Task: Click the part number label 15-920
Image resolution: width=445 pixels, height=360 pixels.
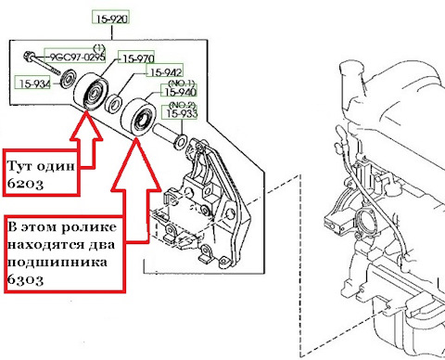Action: pos(111,19)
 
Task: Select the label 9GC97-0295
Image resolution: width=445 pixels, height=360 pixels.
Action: pos(77,57)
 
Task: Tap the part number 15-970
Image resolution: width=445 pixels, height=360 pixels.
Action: pos(138,58)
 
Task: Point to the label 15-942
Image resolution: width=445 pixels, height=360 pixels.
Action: pos(166,72)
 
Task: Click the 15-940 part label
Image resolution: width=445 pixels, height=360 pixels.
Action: pos(180,92)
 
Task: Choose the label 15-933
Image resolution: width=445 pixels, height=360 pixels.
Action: pos(182,113)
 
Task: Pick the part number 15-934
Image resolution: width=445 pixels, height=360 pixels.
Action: pos(34,84)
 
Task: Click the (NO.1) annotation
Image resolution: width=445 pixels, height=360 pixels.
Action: pos(182,83)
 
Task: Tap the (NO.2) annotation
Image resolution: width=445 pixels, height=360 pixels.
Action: pos(182,105)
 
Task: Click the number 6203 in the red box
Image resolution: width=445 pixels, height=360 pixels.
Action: pos(25,184)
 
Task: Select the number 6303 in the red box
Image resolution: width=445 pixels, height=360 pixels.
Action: pos(25,280)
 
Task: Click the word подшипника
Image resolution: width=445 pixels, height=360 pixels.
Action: pos(57,263)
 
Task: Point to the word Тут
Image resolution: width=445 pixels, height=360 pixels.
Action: pos(19,166)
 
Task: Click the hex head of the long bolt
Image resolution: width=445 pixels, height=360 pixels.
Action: pos(28,56)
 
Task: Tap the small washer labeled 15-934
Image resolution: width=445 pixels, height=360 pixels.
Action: pos(68,79)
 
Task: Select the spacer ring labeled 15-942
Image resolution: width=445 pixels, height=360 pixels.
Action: pos(114,104)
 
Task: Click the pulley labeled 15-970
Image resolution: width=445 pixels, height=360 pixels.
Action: pos(91,91)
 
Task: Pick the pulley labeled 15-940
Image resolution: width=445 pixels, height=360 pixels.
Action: pos(138,117)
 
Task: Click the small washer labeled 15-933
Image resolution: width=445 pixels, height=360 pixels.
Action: pos(181,141)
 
